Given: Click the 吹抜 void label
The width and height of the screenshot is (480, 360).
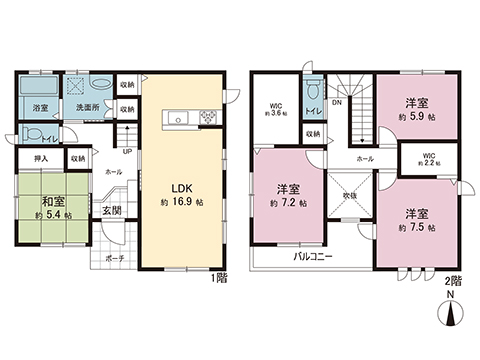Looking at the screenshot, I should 349,194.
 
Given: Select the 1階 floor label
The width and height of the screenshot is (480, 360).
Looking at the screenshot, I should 220,277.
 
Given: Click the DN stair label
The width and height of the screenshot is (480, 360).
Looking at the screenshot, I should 337,102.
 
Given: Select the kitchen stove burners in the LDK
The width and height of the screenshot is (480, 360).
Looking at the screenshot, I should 209,119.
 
